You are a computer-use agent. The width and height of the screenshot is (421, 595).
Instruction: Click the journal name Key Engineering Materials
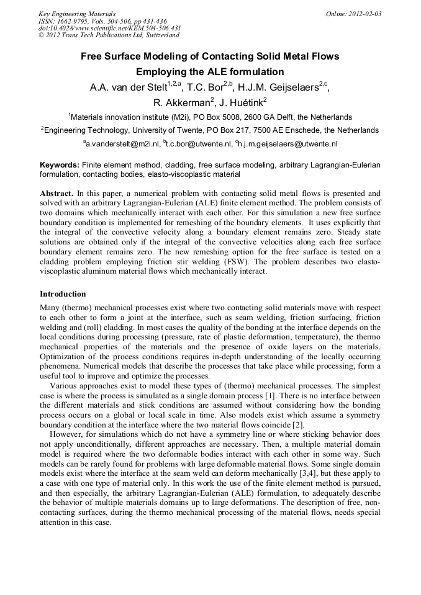coord(76,14)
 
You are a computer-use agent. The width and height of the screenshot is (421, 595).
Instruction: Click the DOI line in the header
coord(109,28)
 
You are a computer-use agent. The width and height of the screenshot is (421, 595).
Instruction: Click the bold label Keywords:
coord(59,165)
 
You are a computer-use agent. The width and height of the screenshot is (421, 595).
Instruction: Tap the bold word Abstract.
coord(57,194)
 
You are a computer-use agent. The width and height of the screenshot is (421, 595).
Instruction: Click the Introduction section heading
coord(63,293)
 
